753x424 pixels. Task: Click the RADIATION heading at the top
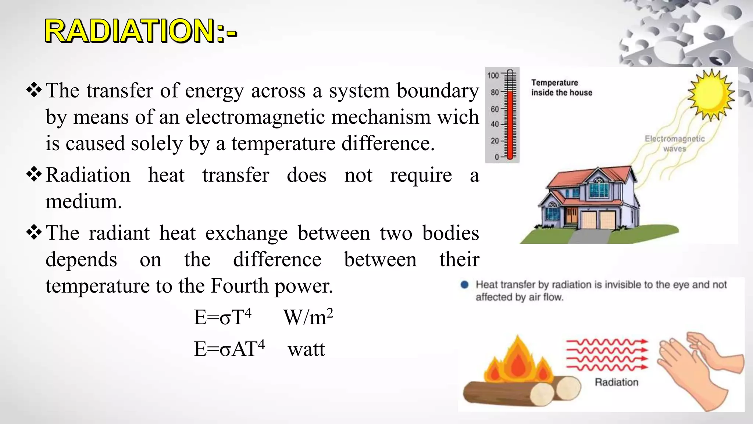(x=141, y=31)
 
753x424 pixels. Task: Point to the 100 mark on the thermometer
(x=493, y=75)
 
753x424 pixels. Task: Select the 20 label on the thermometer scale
(x=495, y=141)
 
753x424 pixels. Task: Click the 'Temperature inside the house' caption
(x=561, y=88)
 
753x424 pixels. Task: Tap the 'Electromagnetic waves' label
(x=675, y=144)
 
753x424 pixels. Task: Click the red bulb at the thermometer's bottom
(x=510, y=157)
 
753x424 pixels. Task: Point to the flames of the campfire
(x=518, y=363)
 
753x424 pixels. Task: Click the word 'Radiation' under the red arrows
(x=617, y=382)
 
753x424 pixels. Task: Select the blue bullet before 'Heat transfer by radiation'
(x=465, y=285)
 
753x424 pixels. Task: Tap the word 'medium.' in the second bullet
(x=83, y=201)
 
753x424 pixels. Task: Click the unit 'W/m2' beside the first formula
(x=308, y=317)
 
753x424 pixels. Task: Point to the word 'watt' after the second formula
(x=306, y=349)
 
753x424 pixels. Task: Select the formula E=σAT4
(x=229, y=349)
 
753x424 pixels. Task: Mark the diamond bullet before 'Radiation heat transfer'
(x=34, y=174)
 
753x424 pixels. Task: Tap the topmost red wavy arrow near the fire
(x=607, y=342)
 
